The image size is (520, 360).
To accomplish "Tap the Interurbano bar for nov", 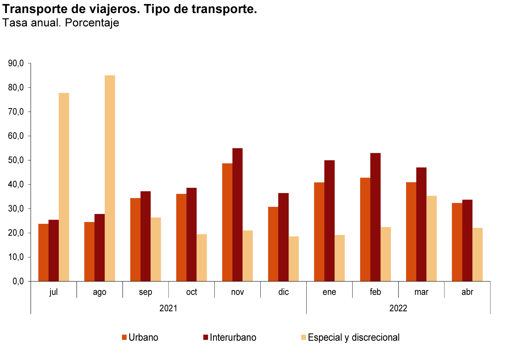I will (238, 215).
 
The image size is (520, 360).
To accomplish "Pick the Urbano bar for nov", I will (227, 222).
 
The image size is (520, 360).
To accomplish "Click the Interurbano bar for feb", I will (376, 217).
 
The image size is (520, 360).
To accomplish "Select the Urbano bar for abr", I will (457, 242).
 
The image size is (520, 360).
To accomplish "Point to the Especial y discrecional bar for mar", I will (432, 238).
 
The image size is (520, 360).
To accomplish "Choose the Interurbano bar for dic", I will (284, 237).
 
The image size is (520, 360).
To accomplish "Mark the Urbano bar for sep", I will (135, 240).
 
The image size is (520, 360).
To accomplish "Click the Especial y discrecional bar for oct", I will (202, 258).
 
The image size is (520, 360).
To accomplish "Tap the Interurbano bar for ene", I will (330, 221).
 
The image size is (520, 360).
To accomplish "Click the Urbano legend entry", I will (140, 337).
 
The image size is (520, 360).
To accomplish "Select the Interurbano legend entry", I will (230, 337).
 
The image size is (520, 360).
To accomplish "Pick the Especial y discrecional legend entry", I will (350, 337).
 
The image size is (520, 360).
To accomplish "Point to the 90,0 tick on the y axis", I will (16, 63).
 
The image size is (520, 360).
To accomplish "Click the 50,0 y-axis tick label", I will (16, 160).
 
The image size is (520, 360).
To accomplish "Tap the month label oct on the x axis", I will (192, 292).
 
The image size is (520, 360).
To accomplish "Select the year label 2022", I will (398, 308).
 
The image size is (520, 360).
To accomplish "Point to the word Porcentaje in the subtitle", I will (92, 23).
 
